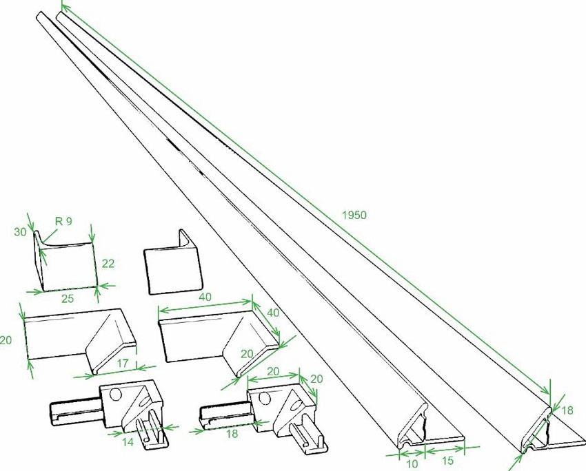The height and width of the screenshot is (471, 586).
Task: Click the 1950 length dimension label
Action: click(354, 215)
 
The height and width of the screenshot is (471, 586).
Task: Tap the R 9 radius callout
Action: click(63, 221)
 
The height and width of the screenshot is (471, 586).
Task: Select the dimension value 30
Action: click(21, 232)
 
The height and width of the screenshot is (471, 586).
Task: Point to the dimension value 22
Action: click(108, 264)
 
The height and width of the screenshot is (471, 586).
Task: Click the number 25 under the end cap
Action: click(68, 299)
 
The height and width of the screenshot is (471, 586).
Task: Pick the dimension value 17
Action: click(122, 362)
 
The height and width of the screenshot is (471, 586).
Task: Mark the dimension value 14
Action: click(128, 442)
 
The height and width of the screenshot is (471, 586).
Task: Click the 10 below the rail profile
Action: click(412, 464)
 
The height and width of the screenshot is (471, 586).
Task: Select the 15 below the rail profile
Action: click(447, 461)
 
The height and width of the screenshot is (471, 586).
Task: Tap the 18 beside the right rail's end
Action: click(567, 410)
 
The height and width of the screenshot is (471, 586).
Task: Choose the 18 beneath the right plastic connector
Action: click(232, 434)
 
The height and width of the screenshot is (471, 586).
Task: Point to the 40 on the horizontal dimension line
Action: click(205, 297)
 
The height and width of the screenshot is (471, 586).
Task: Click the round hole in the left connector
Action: click(116, 394)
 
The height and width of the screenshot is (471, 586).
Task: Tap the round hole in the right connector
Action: click(265, 398)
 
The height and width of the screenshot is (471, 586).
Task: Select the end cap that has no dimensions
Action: click(173, 263)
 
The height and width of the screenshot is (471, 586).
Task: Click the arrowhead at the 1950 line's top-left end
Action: click(63, 6)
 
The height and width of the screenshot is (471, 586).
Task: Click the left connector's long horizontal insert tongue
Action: click(74, 412)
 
